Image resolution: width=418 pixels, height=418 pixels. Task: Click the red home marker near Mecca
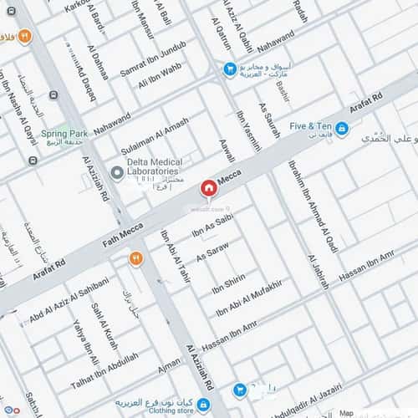point(207,186)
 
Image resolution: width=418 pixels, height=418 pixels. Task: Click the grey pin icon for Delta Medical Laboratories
point(118,174)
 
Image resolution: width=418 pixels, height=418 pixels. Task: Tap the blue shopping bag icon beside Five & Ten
point(342,128)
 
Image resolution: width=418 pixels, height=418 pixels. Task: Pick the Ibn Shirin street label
point(230,285)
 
